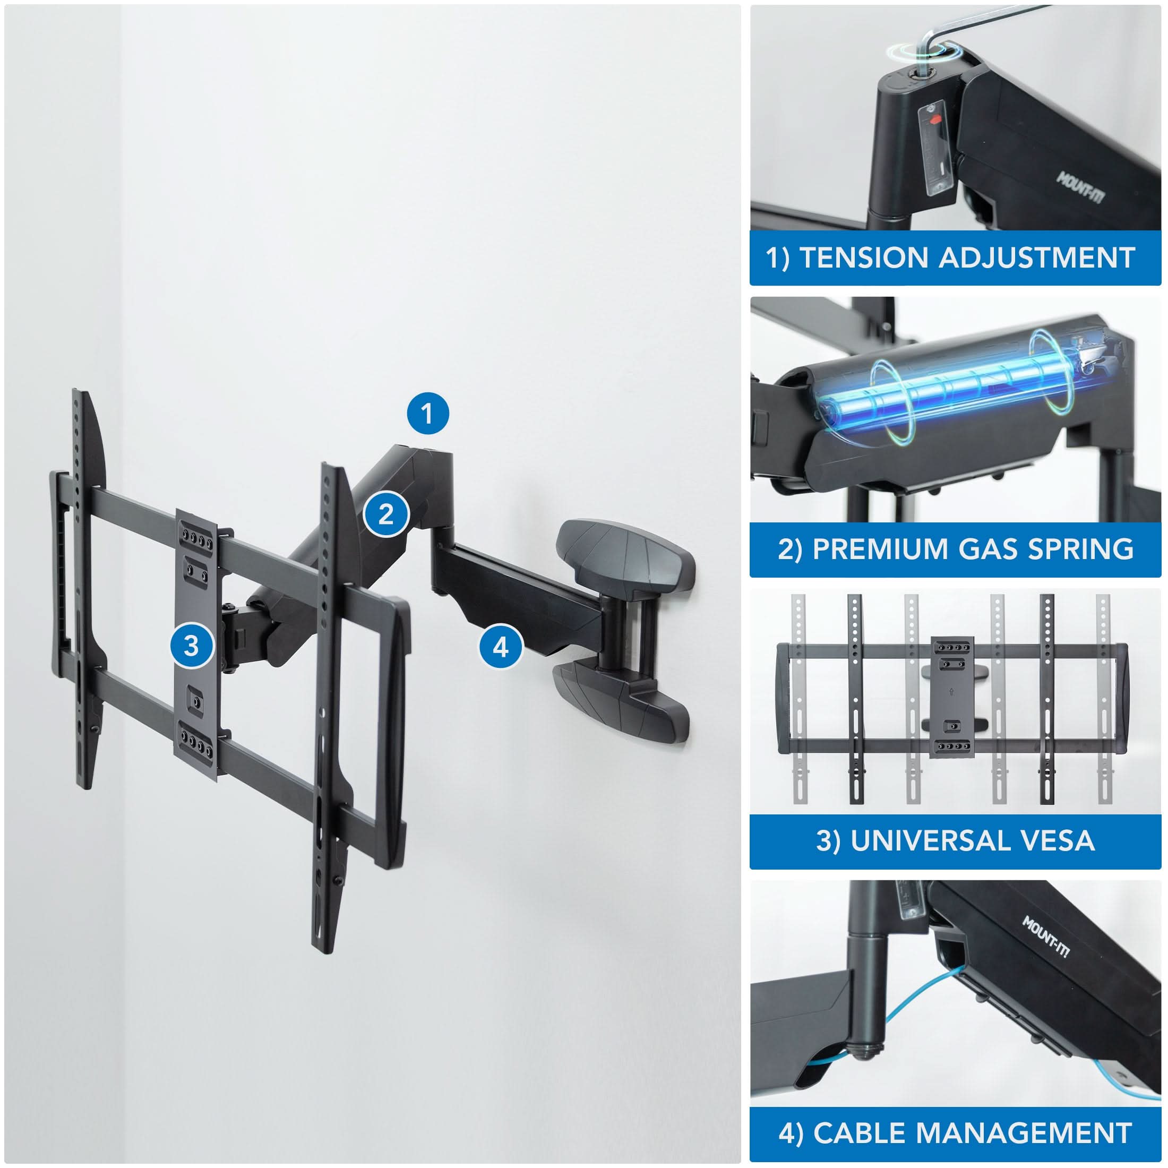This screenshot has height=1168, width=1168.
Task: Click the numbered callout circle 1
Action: click(x=427, y=414)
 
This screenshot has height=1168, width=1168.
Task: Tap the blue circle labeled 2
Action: click(x=387, y=514)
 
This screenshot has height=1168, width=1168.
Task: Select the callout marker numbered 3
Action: click(x=192, y=646)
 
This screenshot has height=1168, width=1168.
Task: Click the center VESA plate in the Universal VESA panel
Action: click(x=952, y=697)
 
